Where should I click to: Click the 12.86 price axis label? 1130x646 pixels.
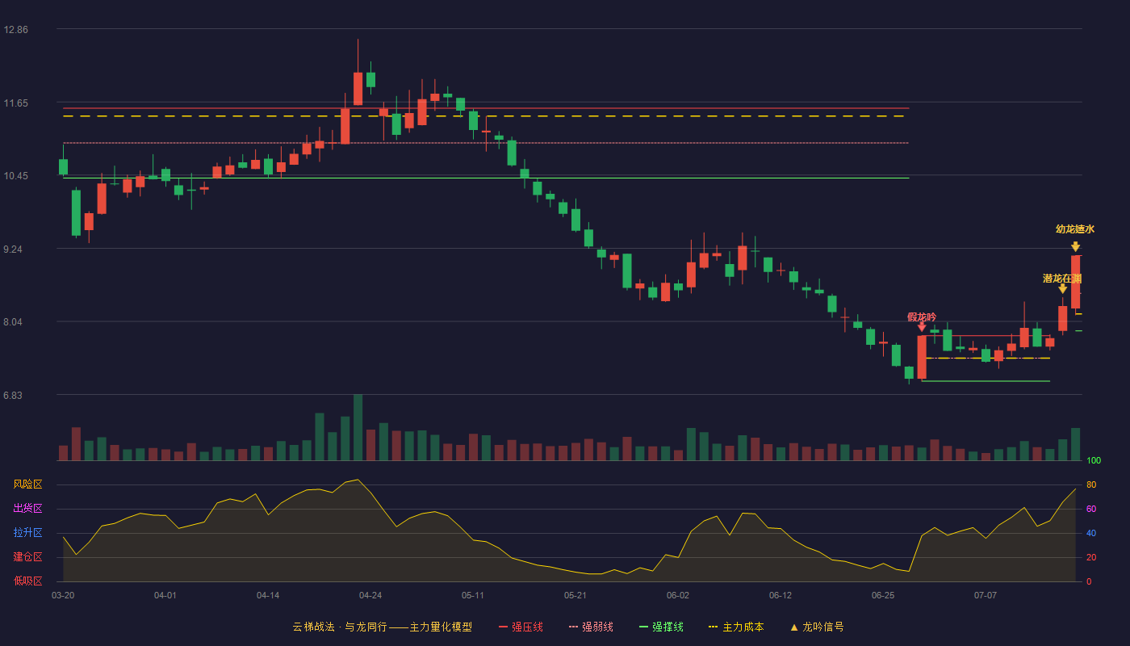pyautogui.click(x=15, y=30)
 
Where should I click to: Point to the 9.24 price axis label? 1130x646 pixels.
pyautogui.click(x=13, y=250)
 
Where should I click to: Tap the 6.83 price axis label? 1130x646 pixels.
pyautogui.click(x=13, y=395)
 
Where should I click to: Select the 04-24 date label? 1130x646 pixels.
pyautogui.click(x=370, y=596)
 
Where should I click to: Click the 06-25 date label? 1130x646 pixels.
pyautogui.click(x=883, y=596)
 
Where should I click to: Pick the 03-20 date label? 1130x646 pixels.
pyautogui.click(x=63, y=596)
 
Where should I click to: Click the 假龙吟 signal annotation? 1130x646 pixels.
pyautogui.click(x=922, y=317)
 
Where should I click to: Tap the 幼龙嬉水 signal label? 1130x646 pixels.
pyautogui.click(x=1075, y=229)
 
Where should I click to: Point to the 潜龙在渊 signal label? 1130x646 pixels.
pyautogui.click(x=1062, y=279)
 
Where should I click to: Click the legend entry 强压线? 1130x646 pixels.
pyautogui.click(x=521, y=627)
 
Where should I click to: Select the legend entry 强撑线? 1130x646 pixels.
pyautogui.click(x=661, y=627)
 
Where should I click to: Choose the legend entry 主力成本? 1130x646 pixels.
pyautogui.click(x=736, y=627)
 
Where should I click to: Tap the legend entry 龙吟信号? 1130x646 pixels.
pyautogui.click(x=817, y=627)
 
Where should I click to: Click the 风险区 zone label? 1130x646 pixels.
pyautogui.click(x=27, y=484)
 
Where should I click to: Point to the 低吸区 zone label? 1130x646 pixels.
pyautogui.click(x=27, y=581)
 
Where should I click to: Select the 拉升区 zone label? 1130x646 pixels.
pyautogui.click(x=27, y=533)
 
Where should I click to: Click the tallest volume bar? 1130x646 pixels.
pyautogui.click(x=358, y=427)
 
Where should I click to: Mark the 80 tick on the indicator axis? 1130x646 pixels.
pyautogui.click(x=1091, y=484)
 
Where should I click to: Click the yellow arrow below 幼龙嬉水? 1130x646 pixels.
pyautogui.click(x=1075, y=246)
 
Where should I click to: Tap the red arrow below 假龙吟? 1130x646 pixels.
pyautogui.click(x=922, y=327)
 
